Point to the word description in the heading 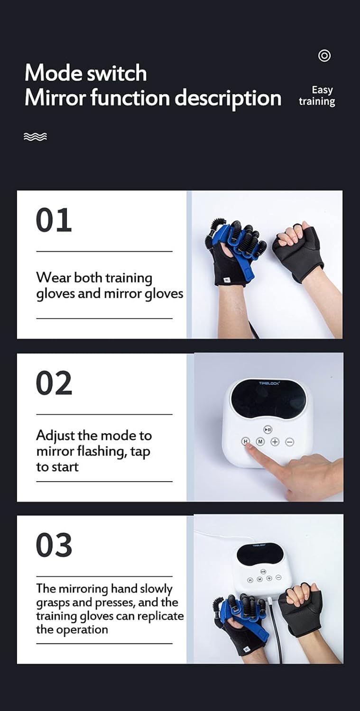click(228, 98)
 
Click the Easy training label click(317, 95)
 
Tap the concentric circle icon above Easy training click(324, 56)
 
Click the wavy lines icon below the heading click(35, 137)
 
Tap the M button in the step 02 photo click(260, 442)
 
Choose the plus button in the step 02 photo click(275, 442)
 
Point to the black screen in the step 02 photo click(268, 399)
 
